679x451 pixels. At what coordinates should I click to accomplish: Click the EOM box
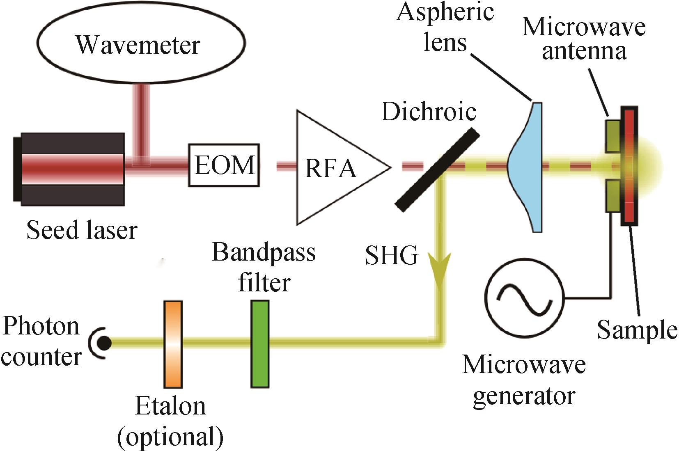click(x=224, y=165)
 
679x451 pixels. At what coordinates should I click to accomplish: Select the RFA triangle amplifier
click(x=333, y=167)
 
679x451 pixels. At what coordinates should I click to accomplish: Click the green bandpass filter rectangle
click(x=260, y=344)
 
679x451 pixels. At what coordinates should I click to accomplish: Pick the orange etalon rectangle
click(x=173, y=344)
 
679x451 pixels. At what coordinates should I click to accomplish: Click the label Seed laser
click(x=82, y=230)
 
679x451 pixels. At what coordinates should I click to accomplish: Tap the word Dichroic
click(x=429, y=111)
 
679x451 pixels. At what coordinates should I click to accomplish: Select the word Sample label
click(x=636, y=330)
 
